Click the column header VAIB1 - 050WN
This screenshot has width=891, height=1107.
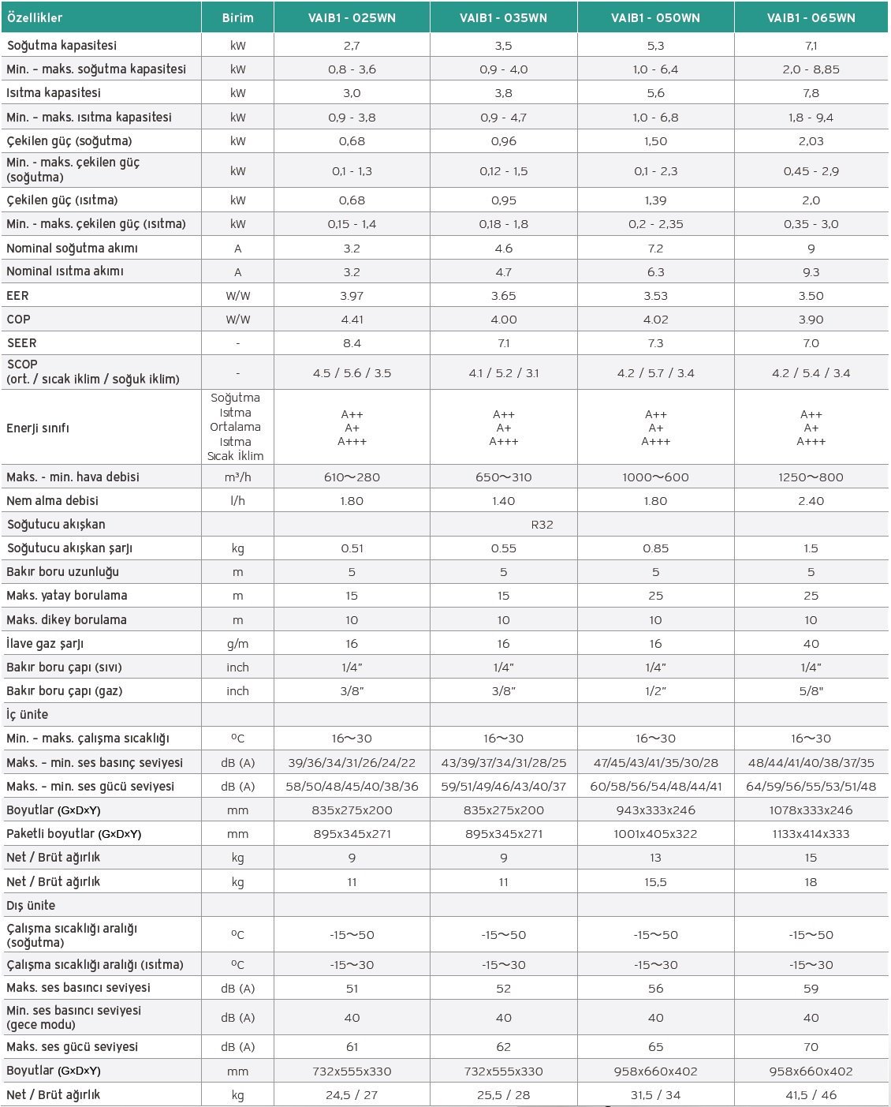655,17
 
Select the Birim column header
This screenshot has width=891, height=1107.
237,17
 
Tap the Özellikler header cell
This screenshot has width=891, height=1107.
35,17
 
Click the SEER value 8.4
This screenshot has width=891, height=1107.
352,343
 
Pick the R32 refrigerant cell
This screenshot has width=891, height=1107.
542,525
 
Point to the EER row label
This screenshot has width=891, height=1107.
18,296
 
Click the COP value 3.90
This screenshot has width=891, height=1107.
811,320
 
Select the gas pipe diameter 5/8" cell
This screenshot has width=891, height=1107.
811,691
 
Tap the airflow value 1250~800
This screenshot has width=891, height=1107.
811,477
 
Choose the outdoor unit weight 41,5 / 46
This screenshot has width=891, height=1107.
811,1095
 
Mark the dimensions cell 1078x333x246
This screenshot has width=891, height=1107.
811,810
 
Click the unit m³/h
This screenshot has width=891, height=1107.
237,477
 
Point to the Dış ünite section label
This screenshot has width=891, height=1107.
31,906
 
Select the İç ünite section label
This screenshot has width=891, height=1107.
28,715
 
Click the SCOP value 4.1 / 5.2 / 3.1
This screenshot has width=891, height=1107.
503,373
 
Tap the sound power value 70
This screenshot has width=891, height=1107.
811,1047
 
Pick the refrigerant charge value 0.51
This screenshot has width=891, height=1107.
352,548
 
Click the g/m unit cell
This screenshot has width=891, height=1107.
237,644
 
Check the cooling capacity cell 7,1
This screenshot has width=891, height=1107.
811,46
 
